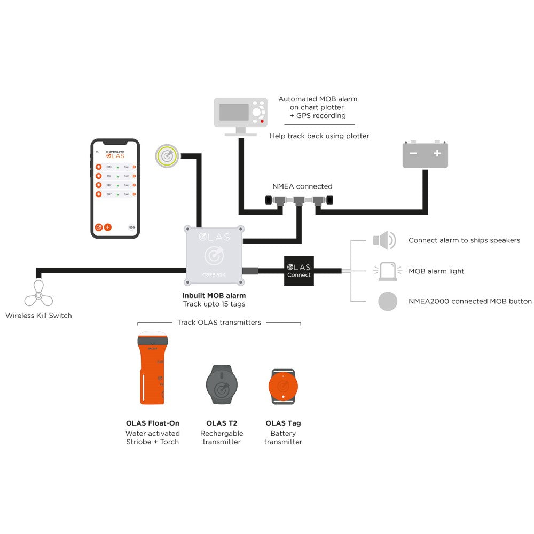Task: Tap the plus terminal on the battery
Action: (x=437, y=153)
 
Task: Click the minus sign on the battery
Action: (x=413, y=153)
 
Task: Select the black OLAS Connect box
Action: (x=299, y=271)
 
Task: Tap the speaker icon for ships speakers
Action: (x=384, y=240)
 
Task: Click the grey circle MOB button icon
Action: (x=388, y=301)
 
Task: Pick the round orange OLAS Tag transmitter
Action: (x=283, y=386)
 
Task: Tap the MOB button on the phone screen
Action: (x=131, y=227)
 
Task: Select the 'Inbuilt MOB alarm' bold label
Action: (x=214, y=295)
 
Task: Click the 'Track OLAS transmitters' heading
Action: (x=219, y=322)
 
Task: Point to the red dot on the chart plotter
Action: (x=262, y=122)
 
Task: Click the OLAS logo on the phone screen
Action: (x=115, y=155)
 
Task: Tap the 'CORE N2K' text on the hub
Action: (x=214, y=274)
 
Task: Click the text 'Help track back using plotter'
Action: (x=319, y=136)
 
